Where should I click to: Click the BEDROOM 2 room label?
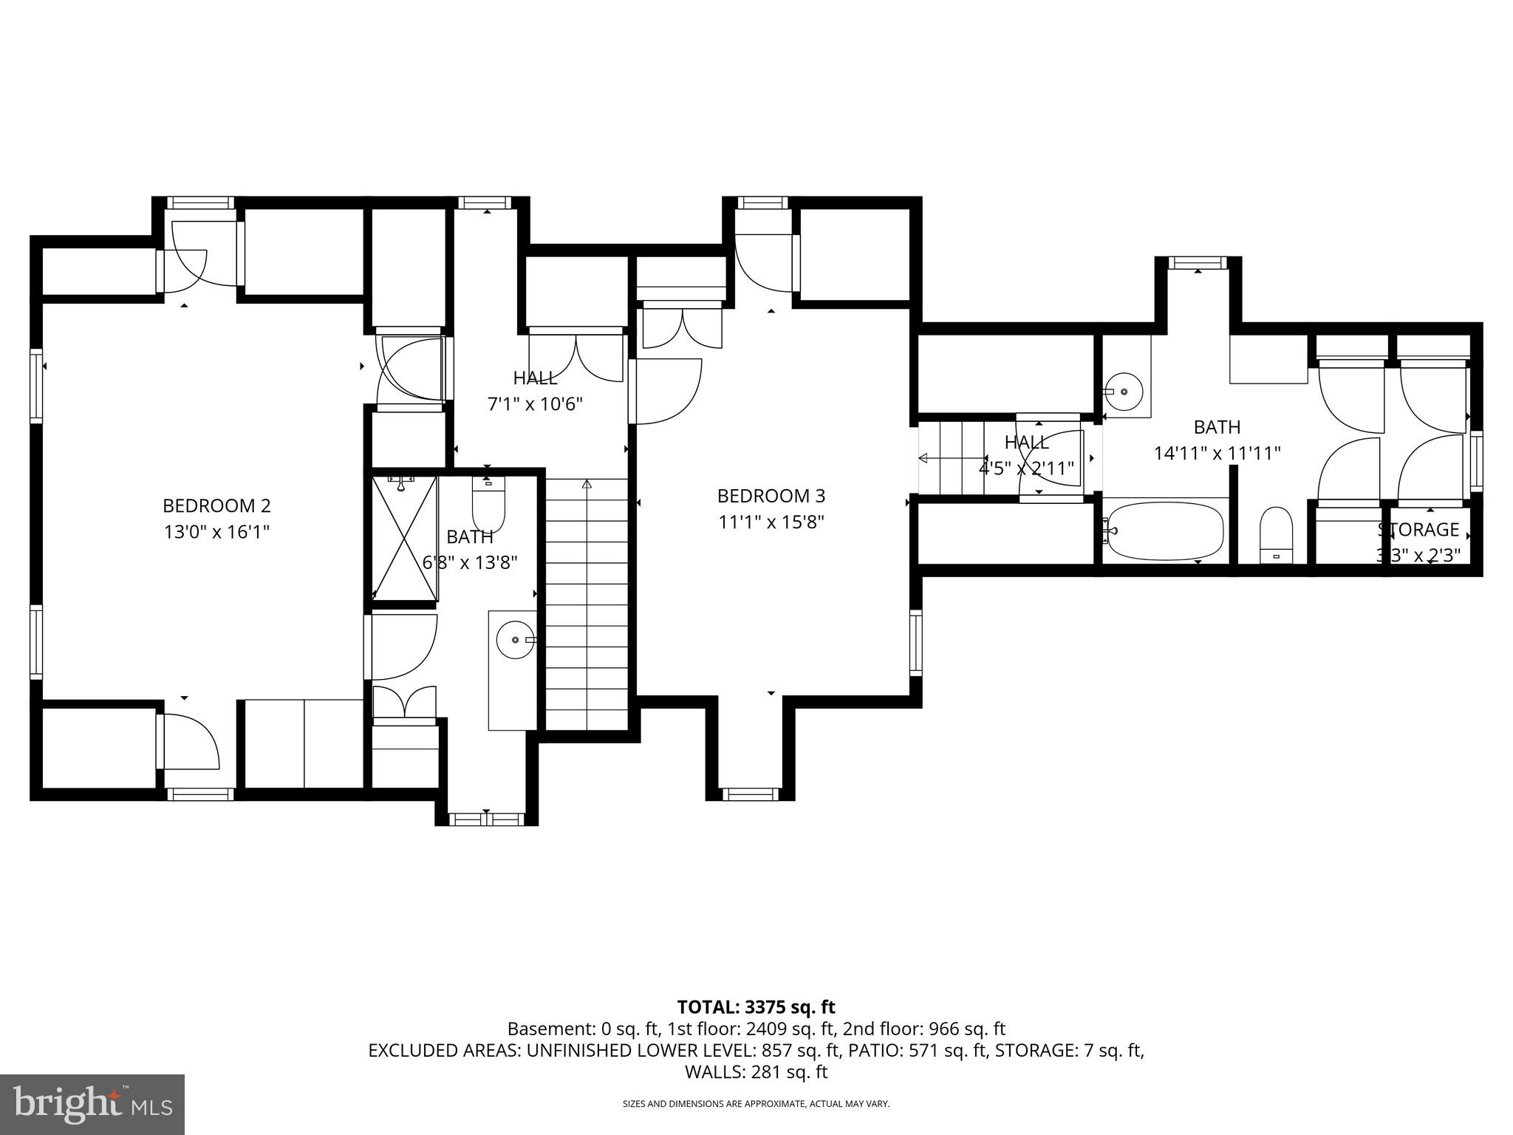pos(216,506)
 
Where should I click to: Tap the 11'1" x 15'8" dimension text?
pos(771,522)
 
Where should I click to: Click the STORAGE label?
pos(1418,530)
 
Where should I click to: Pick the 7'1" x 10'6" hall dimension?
pos(535,404)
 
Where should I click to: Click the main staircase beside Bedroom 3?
pos(587,602)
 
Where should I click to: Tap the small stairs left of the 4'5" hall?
pos(953,458)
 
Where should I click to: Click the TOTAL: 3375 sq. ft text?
pos(756,1006)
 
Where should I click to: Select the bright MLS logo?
pos(92,1105)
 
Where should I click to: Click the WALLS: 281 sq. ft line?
pos(756,1071)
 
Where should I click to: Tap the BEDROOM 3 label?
pos(771,496)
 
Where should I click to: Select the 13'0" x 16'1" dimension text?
pos(216,532)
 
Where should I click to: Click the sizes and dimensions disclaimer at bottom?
pos(756,1104)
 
